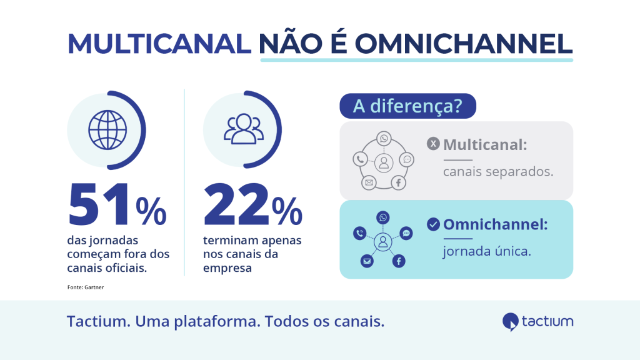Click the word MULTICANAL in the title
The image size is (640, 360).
point(159,43)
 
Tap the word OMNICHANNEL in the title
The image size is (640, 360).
point(463,43)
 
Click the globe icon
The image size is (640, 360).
point(107,130)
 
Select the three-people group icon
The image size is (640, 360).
point(244,129)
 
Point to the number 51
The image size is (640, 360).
point(99,204)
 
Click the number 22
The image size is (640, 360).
point(236,204)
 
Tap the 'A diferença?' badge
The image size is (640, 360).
point(407,106)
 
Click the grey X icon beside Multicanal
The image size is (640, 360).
point(433,144)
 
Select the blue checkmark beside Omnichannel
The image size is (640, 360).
point(433,224)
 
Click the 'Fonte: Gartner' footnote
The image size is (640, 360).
point(86,287)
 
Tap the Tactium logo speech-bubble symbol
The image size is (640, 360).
point(510,322)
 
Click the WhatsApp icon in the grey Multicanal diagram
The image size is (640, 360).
point(384,139)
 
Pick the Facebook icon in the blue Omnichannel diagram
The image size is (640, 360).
point(399,261)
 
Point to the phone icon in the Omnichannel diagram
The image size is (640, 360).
point(359,234)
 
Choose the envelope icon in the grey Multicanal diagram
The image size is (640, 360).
point(369,182)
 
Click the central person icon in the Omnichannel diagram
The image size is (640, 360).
point(383,242)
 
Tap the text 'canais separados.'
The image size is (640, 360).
point(498,171)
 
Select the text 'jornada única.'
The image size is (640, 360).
point(487,251)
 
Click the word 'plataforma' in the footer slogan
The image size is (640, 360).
point(217,321)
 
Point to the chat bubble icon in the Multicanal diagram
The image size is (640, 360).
point(407,159)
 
